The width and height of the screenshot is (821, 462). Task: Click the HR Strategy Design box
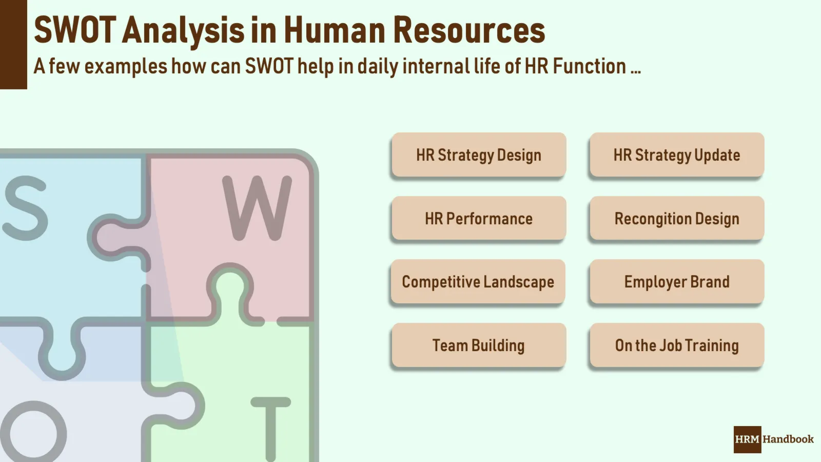(x=479, y=155)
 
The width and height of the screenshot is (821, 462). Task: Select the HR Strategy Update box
(x=677, y=155)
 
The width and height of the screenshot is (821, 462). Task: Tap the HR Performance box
(x=479, y=219)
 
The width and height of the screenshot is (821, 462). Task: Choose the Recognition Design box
(x=677, y=219)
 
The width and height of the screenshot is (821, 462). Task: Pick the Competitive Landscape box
(x=478, y=282)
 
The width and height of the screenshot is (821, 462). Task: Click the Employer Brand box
(x=677, y=282)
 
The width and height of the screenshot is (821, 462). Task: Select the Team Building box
(x=479, y=345)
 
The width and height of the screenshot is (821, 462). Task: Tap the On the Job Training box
(x=677, y=345)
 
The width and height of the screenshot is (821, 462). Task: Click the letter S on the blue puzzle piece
(x=26, y=208)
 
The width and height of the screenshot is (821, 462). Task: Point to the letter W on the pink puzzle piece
(x=257, y=208)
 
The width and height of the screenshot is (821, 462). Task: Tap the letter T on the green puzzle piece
(x=271, y=429)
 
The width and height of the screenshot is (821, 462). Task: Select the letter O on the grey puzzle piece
(x=33, y=431)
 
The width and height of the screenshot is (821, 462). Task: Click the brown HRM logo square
(x=747, y=439)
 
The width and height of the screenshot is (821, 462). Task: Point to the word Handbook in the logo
(x=788, y=439)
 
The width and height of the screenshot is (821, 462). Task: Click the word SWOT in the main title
(x=75, y=30)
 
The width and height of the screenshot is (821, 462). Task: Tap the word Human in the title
(x=335, y=30)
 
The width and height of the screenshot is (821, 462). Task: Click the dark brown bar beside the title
(x=13, y=45)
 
